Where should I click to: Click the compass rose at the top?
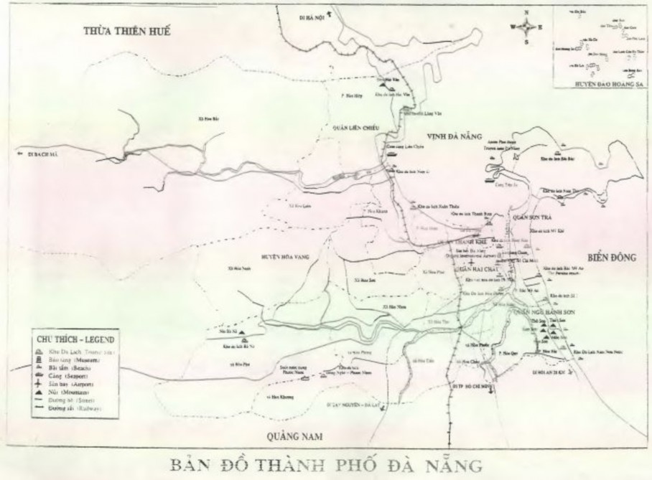coord(527,27)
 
